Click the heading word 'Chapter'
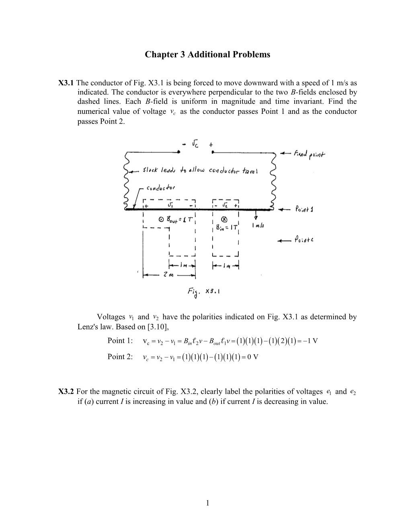pyautogui.click(x=160, y=54)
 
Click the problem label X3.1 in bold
pyautogui.click(x=66, y=83)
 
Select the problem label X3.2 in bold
pyautogui.click(x=66, y=391)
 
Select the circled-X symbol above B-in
pyautogui.click(x=225, y=219)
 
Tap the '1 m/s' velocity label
pyautogui.click(x=257, y=226)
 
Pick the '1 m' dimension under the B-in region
pyautogui.click(x=225, y=265)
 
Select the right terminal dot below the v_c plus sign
pyautogui.click(x=213, y=152)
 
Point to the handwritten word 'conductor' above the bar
pyautogui.click(x=161, y=187)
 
